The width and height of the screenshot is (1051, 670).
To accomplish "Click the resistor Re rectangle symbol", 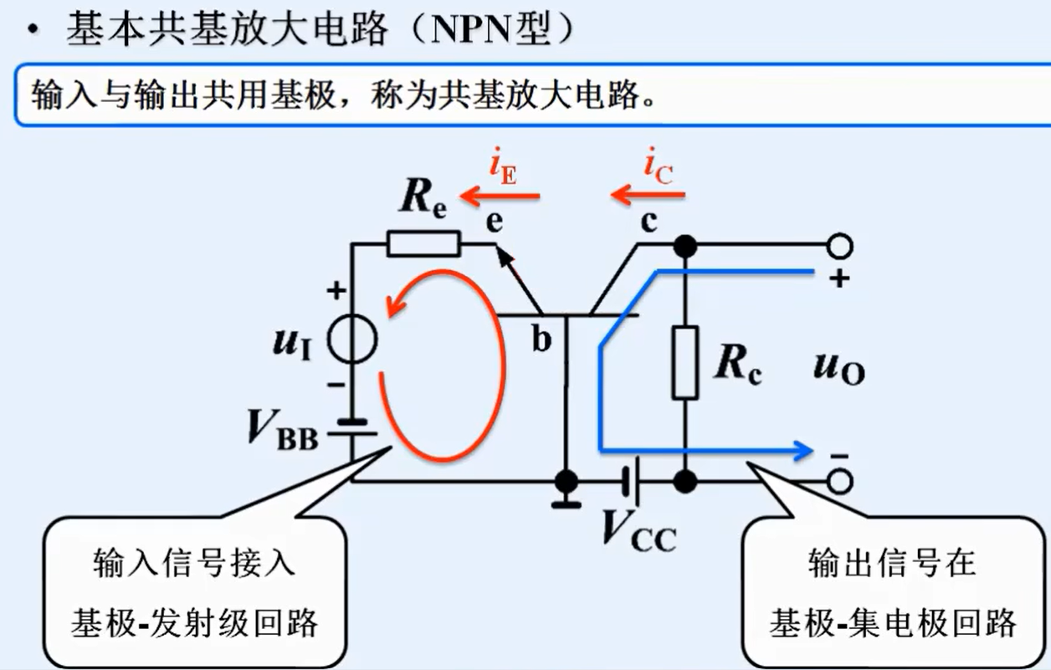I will (x=423, y=244).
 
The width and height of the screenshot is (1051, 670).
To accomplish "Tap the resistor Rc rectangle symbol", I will (x=684, y=363).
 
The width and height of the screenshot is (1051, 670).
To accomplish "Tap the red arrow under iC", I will (x=648, y=197).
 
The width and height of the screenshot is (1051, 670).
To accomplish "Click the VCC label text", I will (x=639, y=530).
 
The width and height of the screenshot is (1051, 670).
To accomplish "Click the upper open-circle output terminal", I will (x=839, y=246).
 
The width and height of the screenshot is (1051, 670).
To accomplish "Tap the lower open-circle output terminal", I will (x=839, y=482).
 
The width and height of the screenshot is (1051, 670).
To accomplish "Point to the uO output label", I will (x=838, y=367).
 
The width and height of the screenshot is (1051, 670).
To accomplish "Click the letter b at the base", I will (x=542, y=340).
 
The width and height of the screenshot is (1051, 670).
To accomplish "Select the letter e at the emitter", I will (x=495, y=222).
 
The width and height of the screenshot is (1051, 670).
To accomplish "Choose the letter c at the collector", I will (x=649, y=222).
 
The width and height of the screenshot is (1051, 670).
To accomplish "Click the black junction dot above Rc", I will (x=684, y=246).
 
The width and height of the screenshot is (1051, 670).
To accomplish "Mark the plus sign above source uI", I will (x=336, y=292).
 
